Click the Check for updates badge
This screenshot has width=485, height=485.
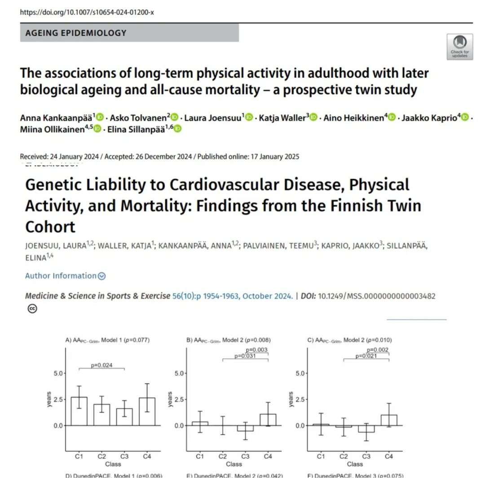coord(459,47)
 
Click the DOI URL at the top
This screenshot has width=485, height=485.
coord(87,12)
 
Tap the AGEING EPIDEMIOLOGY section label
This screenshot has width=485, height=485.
coord(76,33)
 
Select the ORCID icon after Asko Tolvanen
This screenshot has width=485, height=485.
coord(175,117)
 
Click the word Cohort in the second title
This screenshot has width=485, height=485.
coord(50,226)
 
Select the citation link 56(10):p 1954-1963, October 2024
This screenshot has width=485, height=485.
coord(233,296)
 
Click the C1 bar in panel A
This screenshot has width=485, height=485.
coord(79,411)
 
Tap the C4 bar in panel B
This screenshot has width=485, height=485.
coord(268,419)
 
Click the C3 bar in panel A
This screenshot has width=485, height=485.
coord(124,417)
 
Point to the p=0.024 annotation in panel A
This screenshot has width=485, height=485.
coord(101,365)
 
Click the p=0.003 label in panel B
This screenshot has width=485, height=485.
coord(257,350)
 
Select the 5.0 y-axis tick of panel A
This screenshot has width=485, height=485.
coord(59,373)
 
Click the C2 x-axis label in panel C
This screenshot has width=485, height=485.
coord(344,457)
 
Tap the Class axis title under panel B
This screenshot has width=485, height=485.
coord(234,464)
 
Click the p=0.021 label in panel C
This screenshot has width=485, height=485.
coord(366,356)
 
